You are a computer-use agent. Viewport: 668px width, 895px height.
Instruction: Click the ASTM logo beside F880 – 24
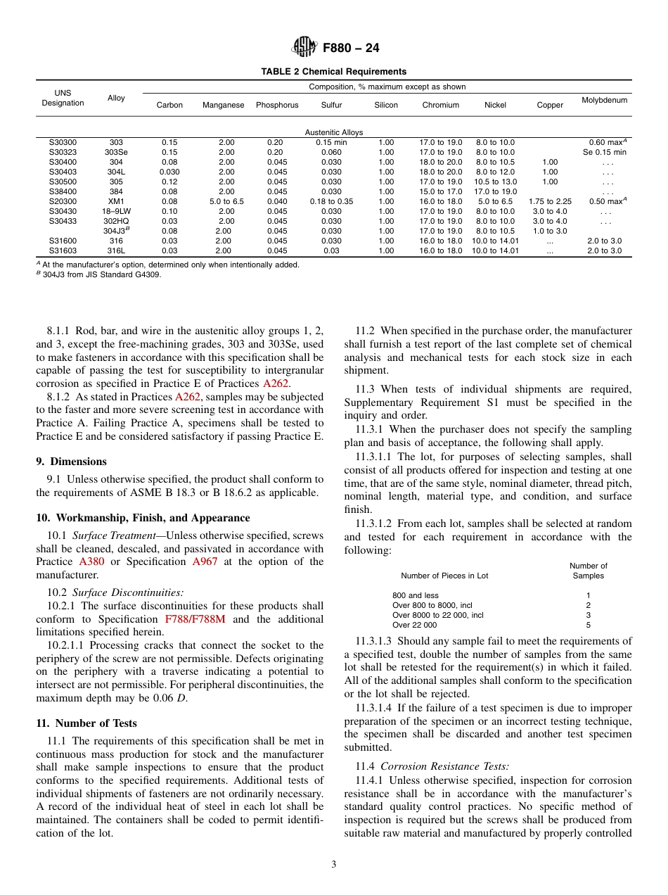[x=304, y=47]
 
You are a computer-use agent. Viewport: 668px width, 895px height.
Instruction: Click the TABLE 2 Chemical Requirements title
[x=333, y=72]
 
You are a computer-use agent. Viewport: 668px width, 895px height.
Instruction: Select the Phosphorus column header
[x=277, y=105]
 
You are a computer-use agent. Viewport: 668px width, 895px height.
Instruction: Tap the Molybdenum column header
[x=604, y=100]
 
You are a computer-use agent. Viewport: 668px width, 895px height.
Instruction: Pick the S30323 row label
[x=63, y=152]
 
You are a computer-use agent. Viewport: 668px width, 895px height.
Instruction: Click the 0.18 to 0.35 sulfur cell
[x=331, y=201]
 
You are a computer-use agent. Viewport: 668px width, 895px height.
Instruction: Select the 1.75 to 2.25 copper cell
[x=550, y=201]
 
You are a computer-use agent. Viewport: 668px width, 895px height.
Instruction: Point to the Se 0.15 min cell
[x=604, y=152]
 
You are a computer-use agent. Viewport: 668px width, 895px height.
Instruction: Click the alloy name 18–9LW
[x=116, y=211]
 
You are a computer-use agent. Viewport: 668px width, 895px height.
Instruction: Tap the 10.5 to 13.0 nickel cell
[x=495, y=182]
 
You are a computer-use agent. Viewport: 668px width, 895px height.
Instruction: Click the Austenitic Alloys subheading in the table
[x=333, y=132]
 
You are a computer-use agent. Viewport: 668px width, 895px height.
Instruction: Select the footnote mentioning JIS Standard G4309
[x=101, y=274]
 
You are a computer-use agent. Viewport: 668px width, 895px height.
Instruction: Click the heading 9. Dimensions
[x=71, y=462]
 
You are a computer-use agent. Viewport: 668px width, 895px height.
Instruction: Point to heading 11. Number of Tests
[x=86, y=723]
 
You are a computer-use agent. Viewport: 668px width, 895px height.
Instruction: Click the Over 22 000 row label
[x=414, y=625]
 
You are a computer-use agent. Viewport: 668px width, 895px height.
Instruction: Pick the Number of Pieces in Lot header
[x=444, y=576]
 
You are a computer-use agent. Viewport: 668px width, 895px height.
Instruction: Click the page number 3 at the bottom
[x=333, y=865]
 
